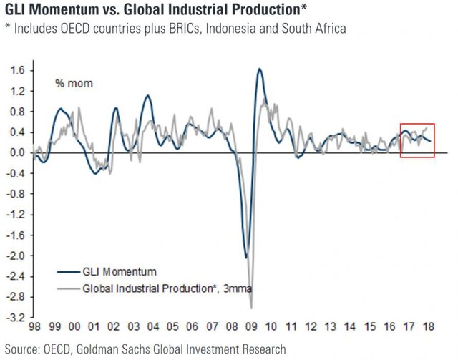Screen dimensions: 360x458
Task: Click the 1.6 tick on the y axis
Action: tap(16, 70)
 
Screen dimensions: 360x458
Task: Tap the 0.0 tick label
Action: tap(16, 152)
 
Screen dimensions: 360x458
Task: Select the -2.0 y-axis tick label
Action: tap(15, 256)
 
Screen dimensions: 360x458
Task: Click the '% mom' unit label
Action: tap(74, 84)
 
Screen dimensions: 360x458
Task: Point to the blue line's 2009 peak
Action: tap(258, 69)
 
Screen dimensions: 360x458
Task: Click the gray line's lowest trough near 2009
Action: tap(251, 307)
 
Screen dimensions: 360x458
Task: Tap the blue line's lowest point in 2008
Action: tap(245, 258)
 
